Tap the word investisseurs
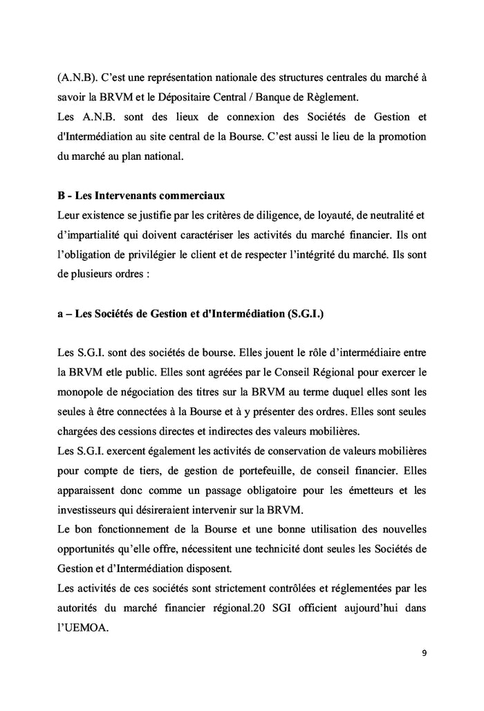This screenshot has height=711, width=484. pos(87,510)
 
